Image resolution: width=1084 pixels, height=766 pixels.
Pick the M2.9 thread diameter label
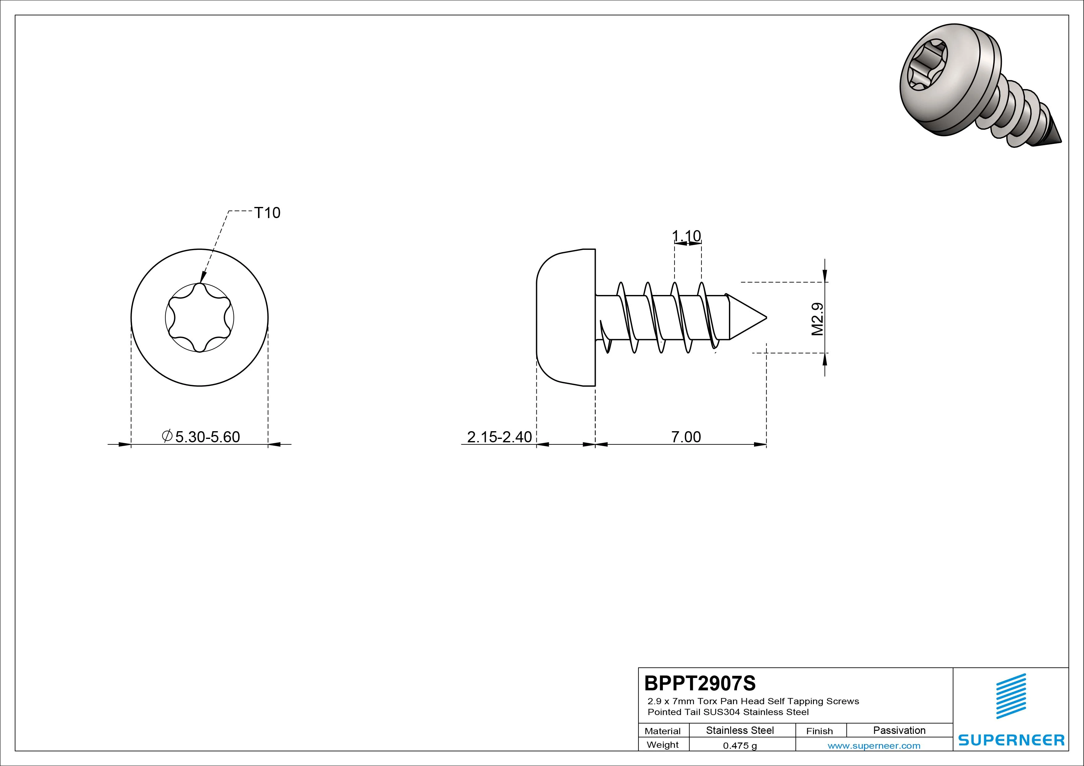click(x=817, y=319)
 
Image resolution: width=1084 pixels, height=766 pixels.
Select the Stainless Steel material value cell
click(x=740, y=730)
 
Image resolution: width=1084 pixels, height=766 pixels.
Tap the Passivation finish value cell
click(x=900, y=730)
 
